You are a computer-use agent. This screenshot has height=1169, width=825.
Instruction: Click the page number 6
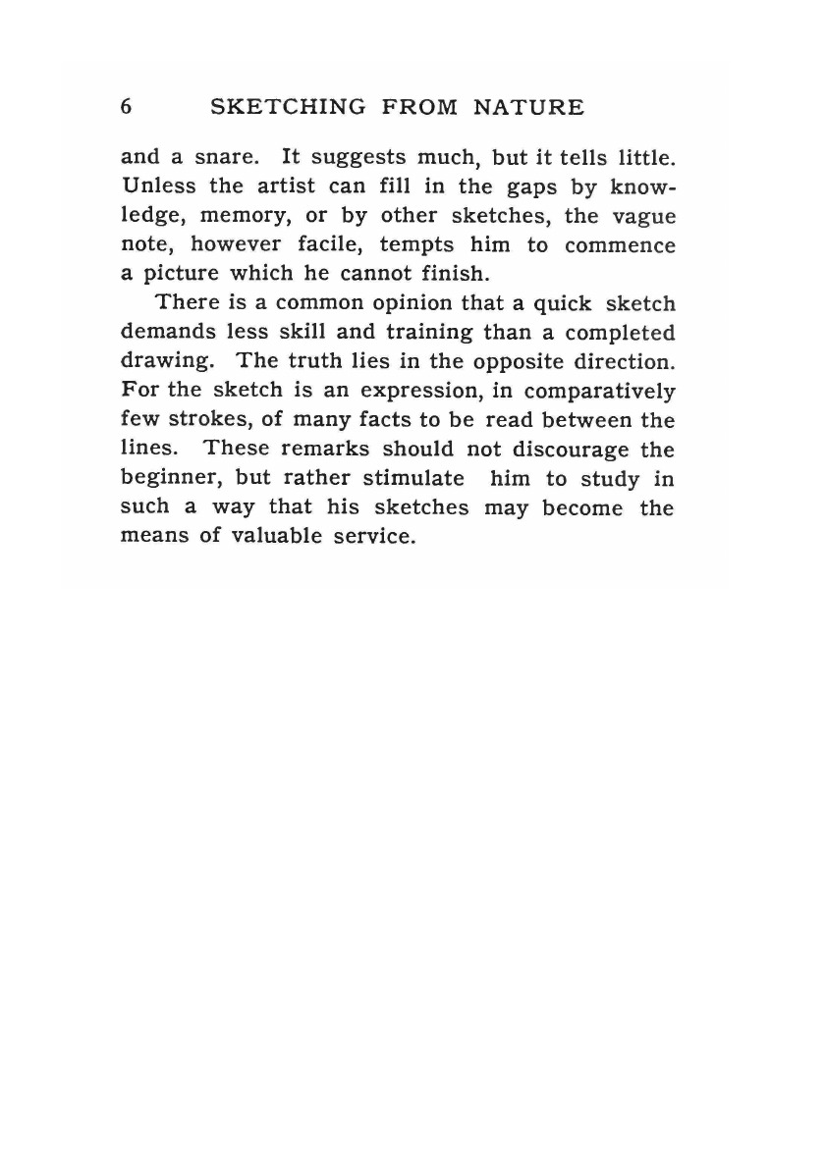point(127,107)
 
